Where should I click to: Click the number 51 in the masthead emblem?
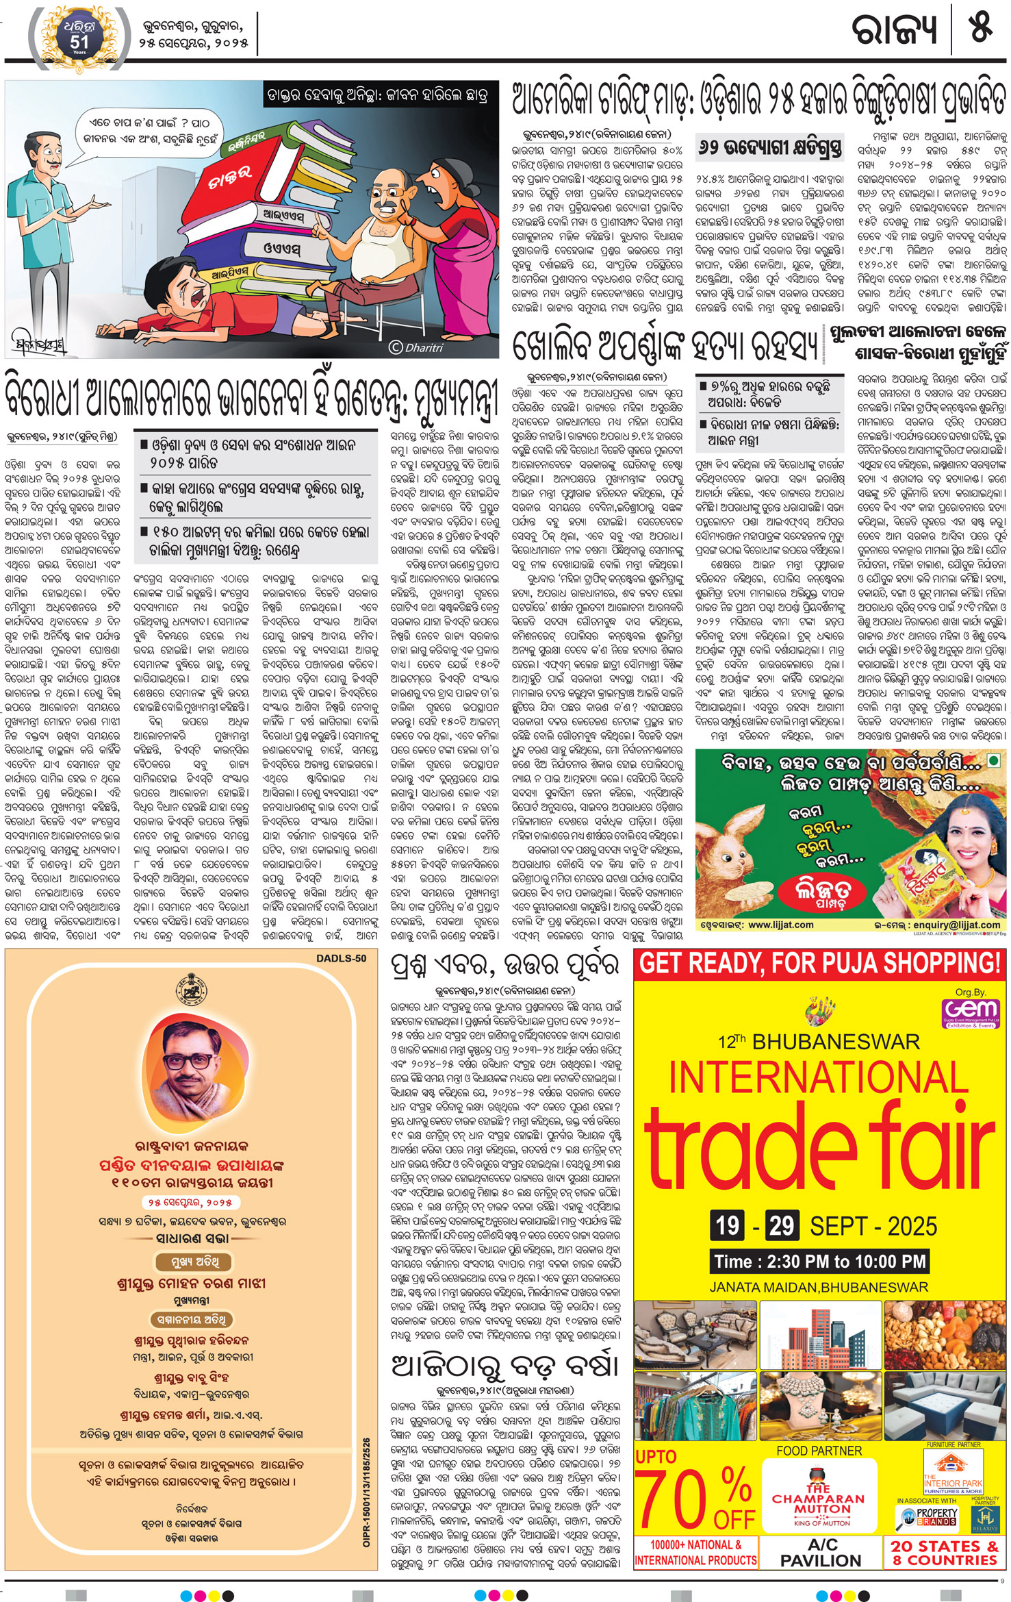coord(79,41)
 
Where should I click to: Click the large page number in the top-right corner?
coord(980,29)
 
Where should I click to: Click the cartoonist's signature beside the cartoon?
coord(40,340)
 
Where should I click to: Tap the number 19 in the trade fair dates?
coord(728,1225)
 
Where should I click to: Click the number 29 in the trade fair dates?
coord(780,1225)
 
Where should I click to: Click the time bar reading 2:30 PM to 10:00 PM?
coord(819,1261)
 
